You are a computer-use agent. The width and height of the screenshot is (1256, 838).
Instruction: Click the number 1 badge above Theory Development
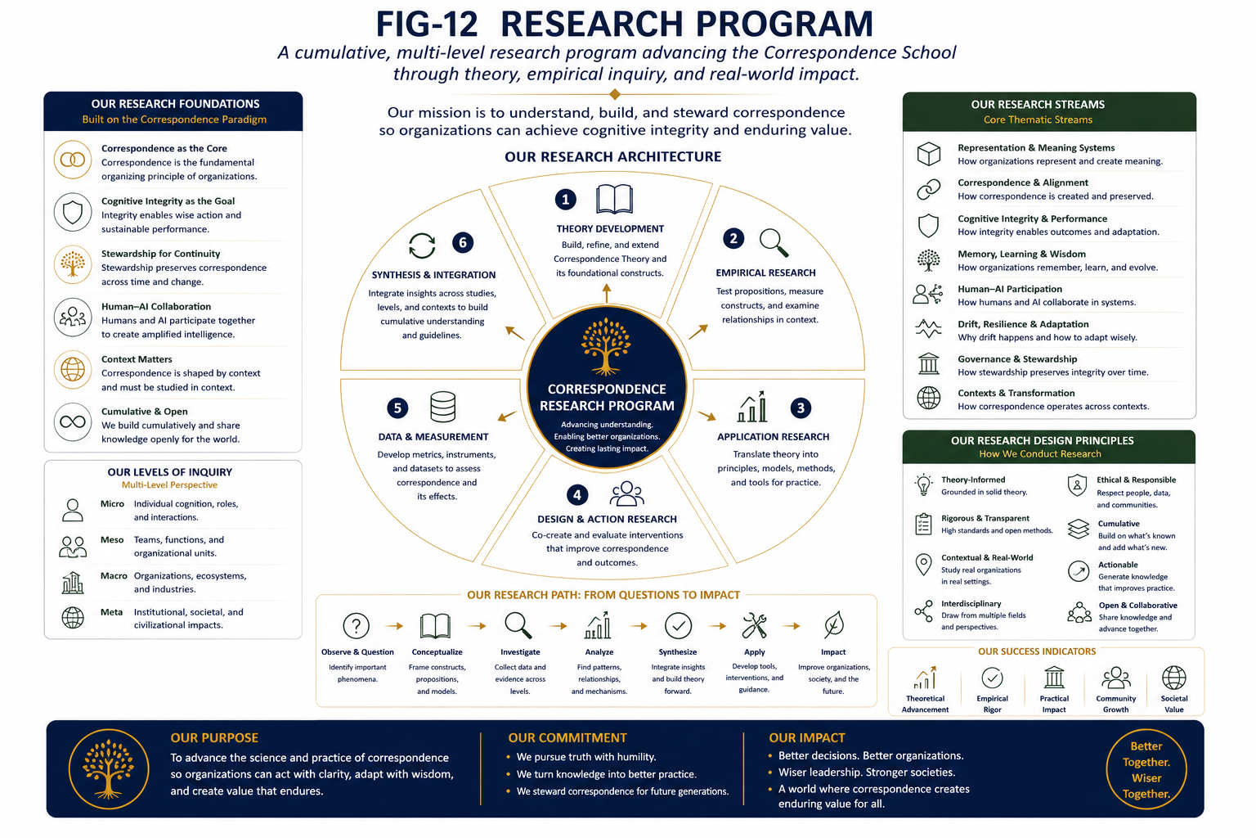point(565,199)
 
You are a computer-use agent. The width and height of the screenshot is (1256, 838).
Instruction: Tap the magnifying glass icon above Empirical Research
point(774,242)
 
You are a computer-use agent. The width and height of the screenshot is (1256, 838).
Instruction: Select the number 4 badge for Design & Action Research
point(577,494)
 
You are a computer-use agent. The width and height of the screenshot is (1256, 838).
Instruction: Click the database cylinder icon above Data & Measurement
point(442,407)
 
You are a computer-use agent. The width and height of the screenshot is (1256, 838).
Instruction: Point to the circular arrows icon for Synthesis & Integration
point(422,246)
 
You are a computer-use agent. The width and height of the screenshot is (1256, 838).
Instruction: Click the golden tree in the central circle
point(606,346)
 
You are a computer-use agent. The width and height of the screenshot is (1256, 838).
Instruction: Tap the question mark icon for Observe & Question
point(356,625)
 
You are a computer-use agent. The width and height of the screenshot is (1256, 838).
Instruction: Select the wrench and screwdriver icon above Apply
point(754,625)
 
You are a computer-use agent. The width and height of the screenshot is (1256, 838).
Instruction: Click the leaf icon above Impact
point(834,624)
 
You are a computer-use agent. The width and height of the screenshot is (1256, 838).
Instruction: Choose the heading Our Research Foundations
point(176,104)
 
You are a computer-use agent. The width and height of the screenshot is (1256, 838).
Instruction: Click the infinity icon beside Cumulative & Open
point(73,421)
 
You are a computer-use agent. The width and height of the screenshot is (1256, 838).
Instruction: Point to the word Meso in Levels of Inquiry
point(112,539)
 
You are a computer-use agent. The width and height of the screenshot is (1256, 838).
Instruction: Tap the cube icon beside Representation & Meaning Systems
point(929,154)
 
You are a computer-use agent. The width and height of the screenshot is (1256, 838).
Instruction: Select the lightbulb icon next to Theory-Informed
point(923,485)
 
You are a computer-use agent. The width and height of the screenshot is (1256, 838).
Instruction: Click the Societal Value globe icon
point(1173,678)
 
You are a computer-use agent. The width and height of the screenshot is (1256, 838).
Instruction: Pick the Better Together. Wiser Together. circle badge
point(1146,769)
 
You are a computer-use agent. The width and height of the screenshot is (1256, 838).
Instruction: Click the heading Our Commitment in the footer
point(567,737)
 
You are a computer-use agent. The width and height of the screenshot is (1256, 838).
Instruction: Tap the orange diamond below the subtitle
point(615,94)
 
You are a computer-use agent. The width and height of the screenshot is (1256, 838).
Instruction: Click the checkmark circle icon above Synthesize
point(678,625)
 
